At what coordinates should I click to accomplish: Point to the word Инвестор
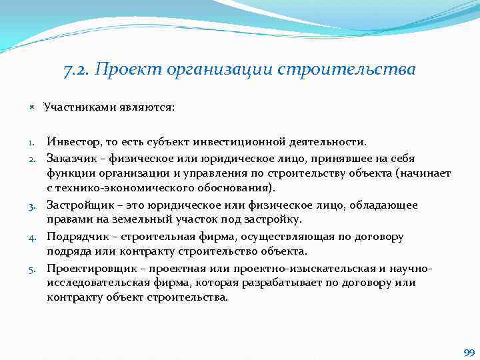click(x=71, y=141)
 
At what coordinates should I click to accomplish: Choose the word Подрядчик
click(x=75, y=236)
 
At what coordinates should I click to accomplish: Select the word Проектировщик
click(x=87, y=268)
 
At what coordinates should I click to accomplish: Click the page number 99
click(x=468, y=352)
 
